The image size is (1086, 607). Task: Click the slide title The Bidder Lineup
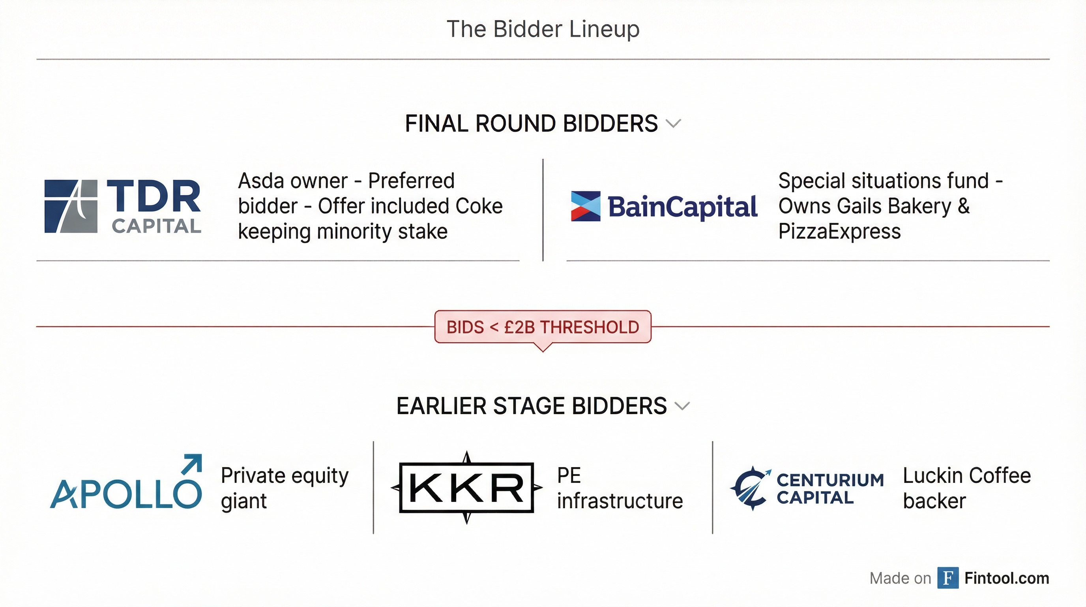[543, 29]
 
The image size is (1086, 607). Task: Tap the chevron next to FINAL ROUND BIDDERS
[673, 123]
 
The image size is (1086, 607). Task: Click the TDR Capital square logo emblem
[71, 206]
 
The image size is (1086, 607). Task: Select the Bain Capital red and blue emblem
[585, 206]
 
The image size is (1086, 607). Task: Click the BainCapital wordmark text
[682, 207]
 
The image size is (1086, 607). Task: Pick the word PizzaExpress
[839, 232]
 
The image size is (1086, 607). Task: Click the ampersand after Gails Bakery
[964, 206]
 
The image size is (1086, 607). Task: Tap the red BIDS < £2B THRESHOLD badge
[543, 327]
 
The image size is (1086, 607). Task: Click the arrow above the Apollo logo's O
[191, 464]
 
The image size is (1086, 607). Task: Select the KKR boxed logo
[466, 488]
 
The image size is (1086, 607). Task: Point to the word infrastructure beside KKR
[620, 501]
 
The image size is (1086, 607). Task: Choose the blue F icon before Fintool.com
[948, 578]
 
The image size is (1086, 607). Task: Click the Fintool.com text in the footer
[1006, 578]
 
